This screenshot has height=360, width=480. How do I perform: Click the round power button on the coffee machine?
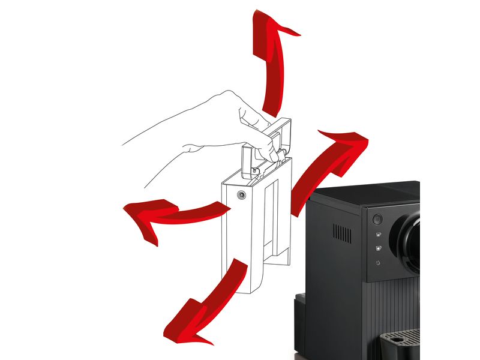tap(378, 219)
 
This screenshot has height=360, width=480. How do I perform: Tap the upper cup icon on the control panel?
tap(378, 234)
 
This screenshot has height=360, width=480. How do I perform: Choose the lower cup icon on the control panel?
tap(378, 248)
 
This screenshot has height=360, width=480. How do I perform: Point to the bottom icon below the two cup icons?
tap(378, 263)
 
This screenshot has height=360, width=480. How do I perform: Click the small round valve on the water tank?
tap(241, 195)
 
